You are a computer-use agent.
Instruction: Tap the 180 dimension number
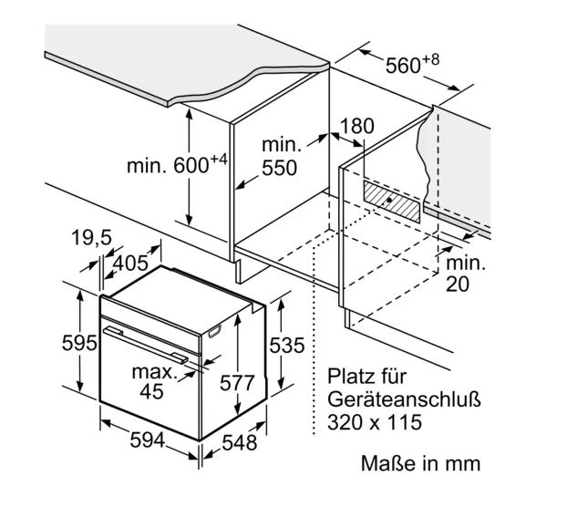pos(357,126)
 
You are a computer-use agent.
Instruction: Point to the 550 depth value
pos(279,168)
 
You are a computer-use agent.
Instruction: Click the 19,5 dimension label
pos(92,238)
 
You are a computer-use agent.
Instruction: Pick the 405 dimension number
pos(130,263)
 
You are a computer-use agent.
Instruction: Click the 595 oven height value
pos(79,343)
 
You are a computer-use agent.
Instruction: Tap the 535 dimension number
pos(287,345)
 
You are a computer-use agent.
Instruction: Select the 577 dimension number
pos(237,383)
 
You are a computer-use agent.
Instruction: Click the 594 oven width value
pos(147,440)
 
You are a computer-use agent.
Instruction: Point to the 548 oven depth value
pos(240,442)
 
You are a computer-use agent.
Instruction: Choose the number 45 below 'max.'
pos(152,391)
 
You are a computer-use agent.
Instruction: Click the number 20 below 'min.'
pos(458,284)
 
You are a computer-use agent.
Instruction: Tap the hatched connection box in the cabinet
pos(392,202)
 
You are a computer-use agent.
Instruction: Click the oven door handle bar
pos(146,345)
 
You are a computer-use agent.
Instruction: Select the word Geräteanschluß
pos(404,400)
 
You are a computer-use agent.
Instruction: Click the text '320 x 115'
pos(375,422)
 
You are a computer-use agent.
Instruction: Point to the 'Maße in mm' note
pos(421,463)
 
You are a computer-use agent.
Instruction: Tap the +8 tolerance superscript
pos(430,59)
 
